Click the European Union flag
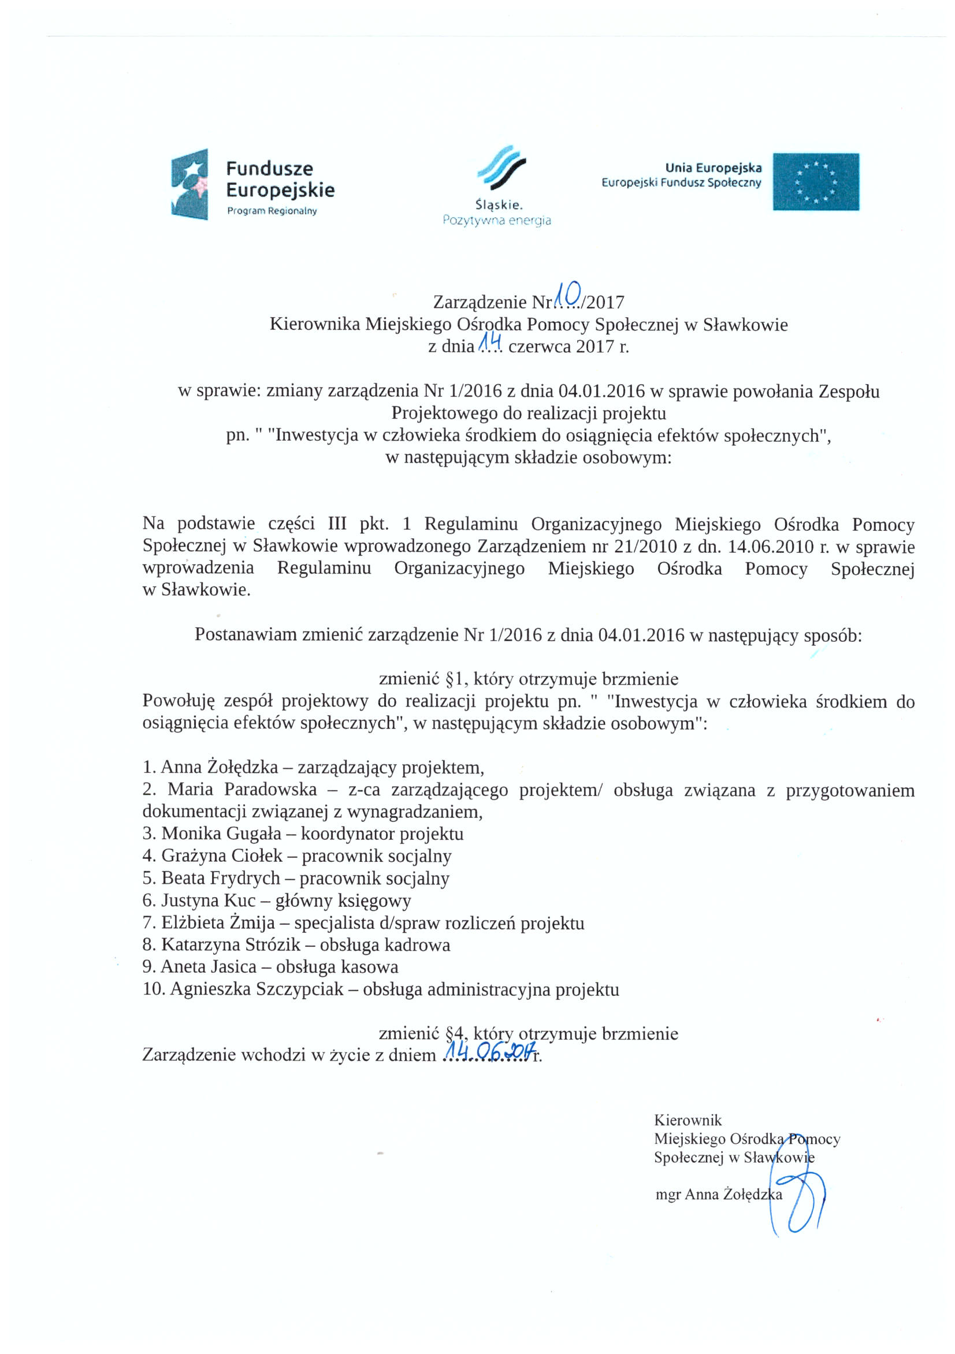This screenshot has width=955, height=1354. point(815,181)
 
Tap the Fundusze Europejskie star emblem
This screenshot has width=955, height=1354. point(189,184)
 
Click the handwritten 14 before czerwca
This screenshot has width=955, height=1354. point(489,341)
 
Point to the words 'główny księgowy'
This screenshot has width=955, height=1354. point(343,901)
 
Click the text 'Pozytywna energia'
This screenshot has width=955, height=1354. point(497,221)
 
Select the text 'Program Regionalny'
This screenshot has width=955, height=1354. point(272,211)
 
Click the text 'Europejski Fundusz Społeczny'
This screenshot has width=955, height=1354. point(681,183)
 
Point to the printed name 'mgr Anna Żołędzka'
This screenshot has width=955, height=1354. point(719,1195)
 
